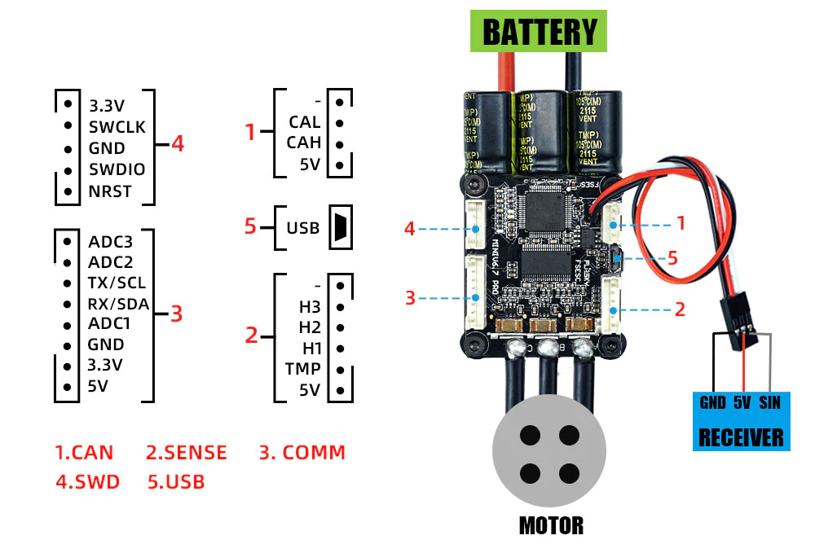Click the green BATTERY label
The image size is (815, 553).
coord(540,32)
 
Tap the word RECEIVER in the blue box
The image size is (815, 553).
coord(740,437)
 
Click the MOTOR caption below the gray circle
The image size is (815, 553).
coord(551,525)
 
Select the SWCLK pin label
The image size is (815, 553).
coord(117,126)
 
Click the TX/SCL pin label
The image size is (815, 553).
coord(117,283)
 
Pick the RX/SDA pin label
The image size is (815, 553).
coord(118,304)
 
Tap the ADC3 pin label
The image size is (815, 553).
coord(110,241)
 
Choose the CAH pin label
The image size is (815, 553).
coord(304,143)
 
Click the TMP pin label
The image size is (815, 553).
coord(302,368)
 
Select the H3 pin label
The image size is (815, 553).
coord(310,307)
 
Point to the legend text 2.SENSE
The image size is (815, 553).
coord(187,453)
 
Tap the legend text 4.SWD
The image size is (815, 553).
coord(87,481)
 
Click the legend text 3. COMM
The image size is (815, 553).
coord(302,453)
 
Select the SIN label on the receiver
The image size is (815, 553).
coord(770,402)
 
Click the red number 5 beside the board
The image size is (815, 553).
coord(672,257)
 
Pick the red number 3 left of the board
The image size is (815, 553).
coord(410,297)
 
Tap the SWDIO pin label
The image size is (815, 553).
coord(117,170)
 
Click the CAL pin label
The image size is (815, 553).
coord(304,122)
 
